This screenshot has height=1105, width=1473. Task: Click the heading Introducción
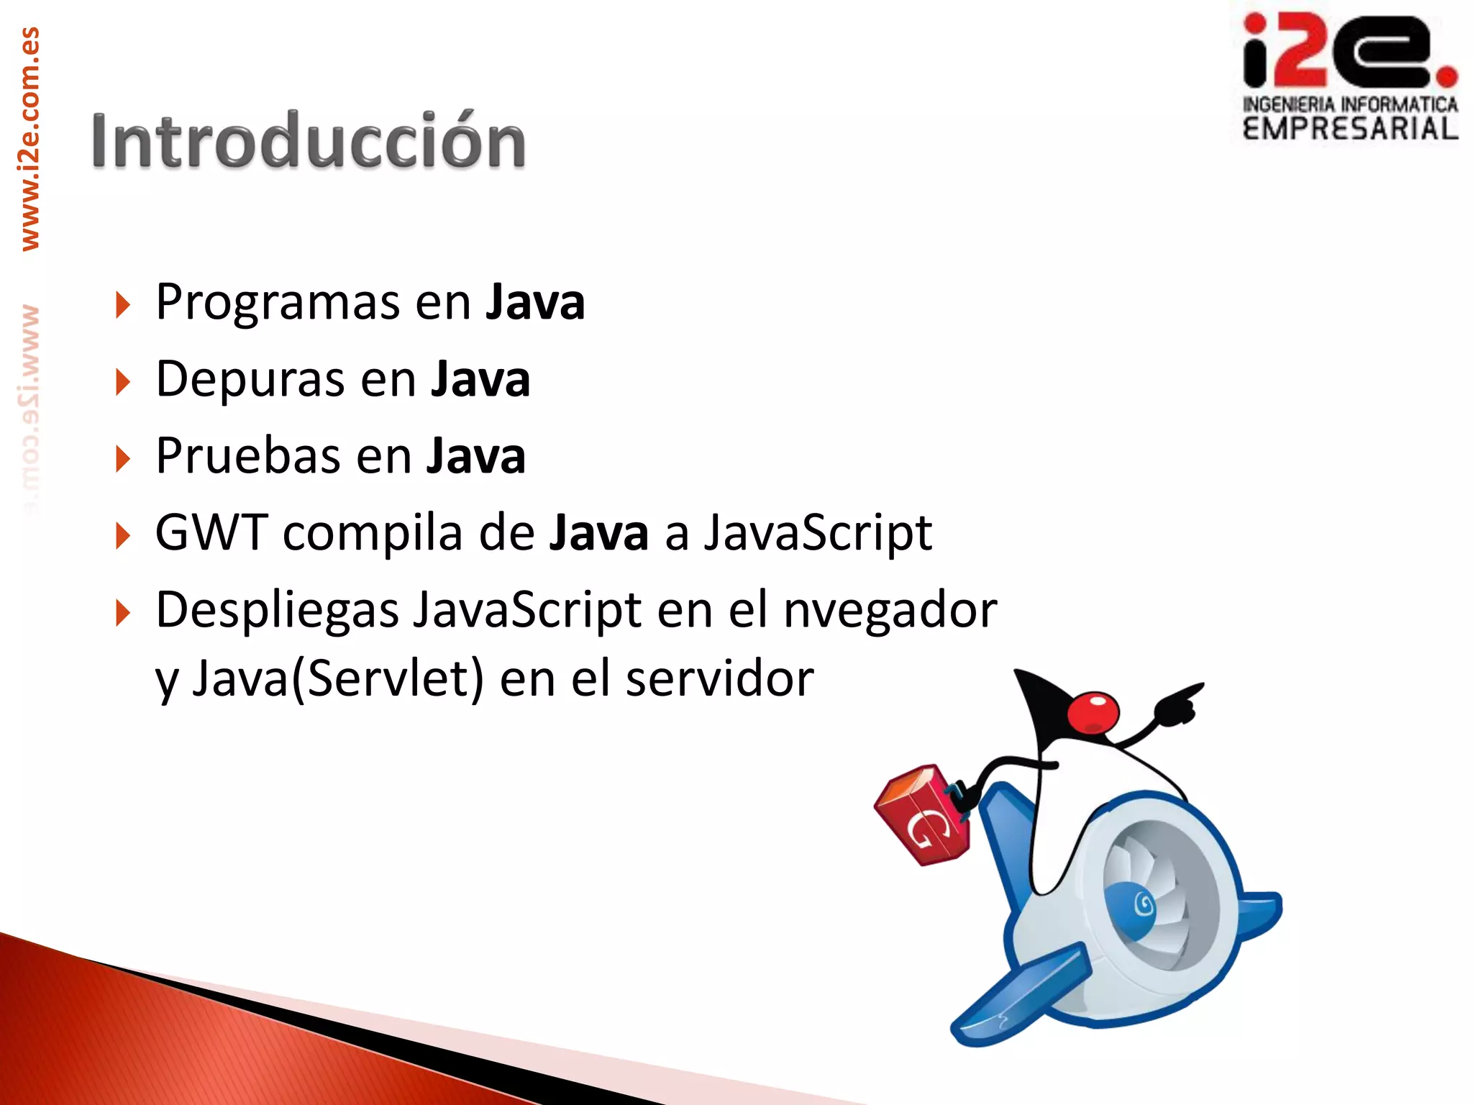pos(308,141)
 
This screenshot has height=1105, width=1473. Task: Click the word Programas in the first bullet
pos(277,302)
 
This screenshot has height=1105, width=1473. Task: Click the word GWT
pos(211,533)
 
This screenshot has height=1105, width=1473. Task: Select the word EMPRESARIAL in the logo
pos(1350,129)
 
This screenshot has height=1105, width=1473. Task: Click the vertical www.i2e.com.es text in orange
pos(30,138)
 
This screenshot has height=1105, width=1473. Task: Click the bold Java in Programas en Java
pos(534,302)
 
